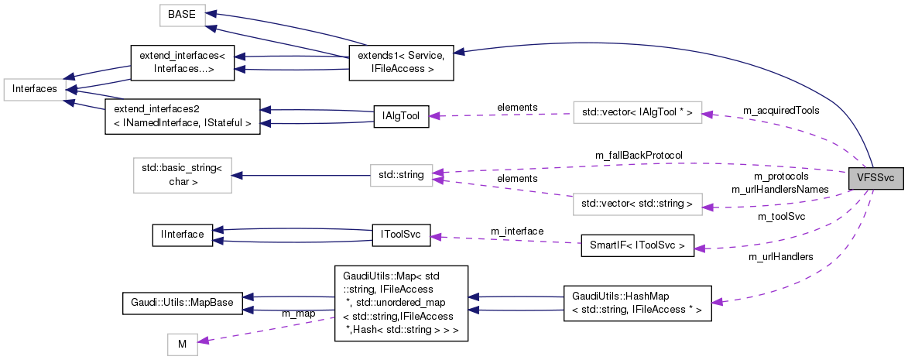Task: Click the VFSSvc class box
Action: (875, 177)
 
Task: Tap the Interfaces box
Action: (34, 89)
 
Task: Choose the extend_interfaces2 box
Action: (182, 116)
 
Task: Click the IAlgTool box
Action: (400, 116)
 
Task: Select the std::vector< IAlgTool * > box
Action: (636, 113)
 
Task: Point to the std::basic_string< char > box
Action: (182, 176)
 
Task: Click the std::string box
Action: (400, 176)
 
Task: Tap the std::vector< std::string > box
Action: (636, 205)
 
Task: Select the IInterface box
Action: (182, 234)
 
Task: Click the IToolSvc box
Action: (400, 236)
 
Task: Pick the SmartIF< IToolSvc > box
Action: (636, 247)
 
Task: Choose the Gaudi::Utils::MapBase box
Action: (182, 302)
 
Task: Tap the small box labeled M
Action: (183, 345)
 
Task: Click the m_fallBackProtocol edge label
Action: (638, 156)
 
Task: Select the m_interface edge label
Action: (517, 231)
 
